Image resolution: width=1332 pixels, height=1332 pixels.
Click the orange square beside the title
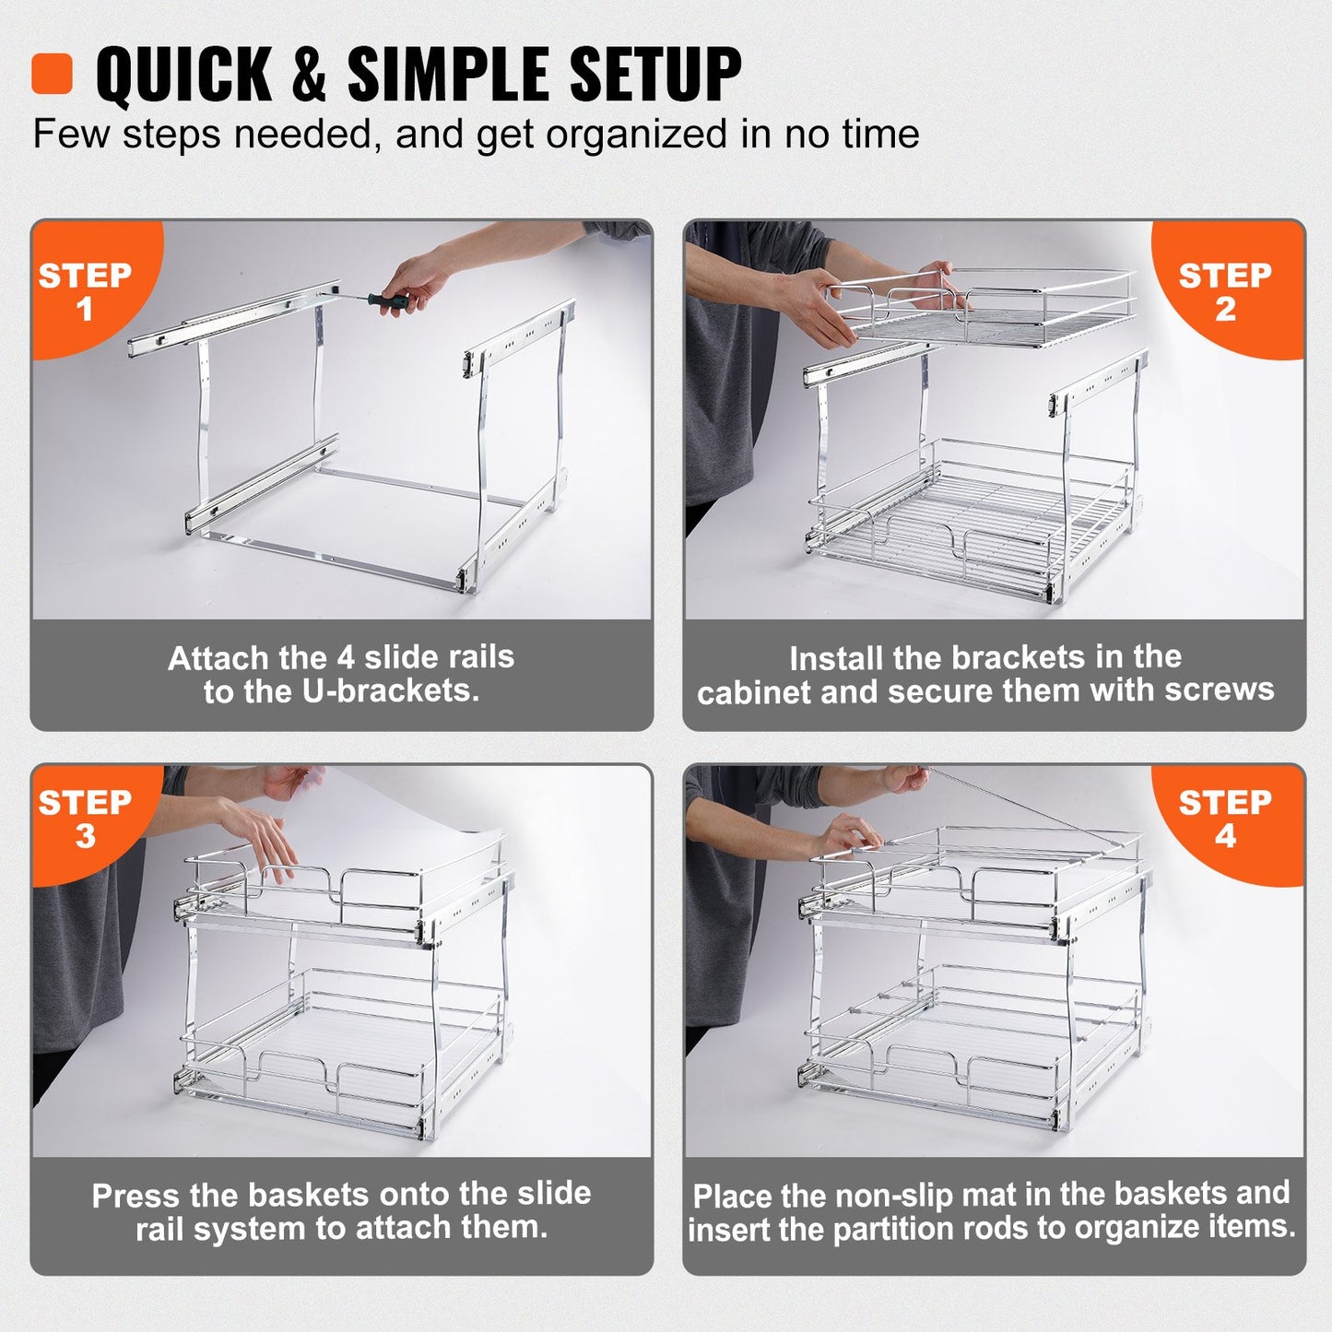click(52, 74)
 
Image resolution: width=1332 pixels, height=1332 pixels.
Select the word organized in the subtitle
click(638, 135)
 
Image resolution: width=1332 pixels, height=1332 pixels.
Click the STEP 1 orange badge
click(85, 289)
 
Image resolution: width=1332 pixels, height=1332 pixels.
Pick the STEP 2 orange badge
click(1225, 289)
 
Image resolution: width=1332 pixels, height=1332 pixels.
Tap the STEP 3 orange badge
click(85, 819)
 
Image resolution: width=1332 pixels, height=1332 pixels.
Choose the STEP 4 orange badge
click(1225, 819)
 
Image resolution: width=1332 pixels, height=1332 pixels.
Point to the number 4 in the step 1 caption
click(345, 658)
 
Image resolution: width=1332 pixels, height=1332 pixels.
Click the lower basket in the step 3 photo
click(341, 1051)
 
